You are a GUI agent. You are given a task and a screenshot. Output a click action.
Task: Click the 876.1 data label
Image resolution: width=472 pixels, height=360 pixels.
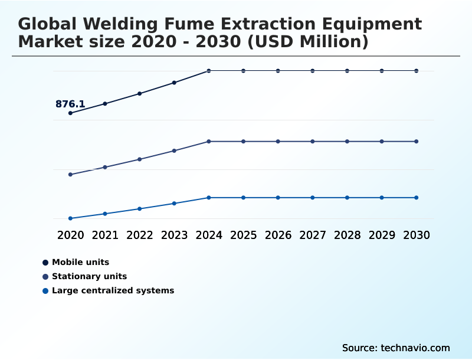pos(70,104)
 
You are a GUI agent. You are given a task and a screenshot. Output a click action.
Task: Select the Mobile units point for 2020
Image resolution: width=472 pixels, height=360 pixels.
pos(70,113)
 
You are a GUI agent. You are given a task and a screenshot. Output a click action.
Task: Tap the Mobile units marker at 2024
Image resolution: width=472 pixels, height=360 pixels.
pos(209,71)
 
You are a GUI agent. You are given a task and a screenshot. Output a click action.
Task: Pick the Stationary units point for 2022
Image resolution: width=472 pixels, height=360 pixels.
pos(140,159)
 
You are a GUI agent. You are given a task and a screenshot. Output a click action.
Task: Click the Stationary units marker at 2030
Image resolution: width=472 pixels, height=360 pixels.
pos(417,142)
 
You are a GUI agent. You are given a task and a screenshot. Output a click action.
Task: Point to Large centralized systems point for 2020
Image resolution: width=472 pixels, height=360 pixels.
pos(70,218)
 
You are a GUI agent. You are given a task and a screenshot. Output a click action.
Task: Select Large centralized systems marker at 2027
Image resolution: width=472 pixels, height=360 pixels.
pos(313,198)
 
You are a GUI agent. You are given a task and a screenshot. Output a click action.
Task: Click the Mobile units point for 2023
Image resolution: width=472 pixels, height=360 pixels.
pos(174,83)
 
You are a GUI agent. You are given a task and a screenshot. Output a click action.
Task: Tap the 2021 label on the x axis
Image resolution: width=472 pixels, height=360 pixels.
pos(105,235)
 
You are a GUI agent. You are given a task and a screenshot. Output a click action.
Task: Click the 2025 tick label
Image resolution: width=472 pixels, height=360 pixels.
pos(243,235)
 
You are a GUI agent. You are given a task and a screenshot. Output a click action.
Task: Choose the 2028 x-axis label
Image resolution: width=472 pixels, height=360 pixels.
pos(347,235)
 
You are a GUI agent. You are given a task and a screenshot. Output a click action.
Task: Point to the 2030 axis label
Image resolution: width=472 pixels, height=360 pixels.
pos(417,235)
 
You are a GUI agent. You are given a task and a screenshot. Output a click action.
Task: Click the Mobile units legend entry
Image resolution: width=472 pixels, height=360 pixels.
pos(80,262)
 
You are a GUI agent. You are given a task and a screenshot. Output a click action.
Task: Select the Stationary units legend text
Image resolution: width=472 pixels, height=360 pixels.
pos(89,276)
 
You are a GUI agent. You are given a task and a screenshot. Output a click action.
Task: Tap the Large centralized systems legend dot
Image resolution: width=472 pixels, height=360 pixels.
pos(45,291)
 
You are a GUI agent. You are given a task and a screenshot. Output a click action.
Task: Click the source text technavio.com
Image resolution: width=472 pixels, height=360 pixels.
pos(415,348)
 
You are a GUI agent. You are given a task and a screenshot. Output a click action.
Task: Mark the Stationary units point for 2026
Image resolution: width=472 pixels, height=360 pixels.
pos(278,142)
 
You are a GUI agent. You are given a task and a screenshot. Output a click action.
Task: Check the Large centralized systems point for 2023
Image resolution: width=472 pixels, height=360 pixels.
pos(174,204)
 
